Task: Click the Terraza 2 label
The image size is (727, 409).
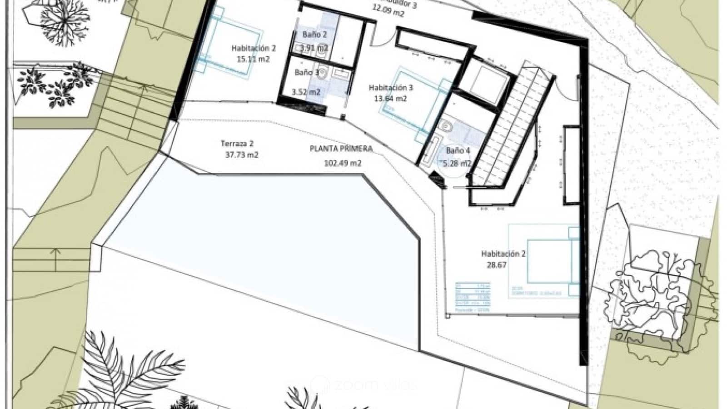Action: click(x=237, y=144)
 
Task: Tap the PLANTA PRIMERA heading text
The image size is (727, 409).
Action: click(x=341, y=149)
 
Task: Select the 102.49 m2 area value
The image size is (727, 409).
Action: click(x=343, y=163)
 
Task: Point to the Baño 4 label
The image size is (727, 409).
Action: click(x=455, y=150)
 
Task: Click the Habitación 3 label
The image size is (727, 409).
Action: click(x=391, y=88)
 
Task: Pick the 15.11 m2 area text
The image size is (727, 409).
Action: click(x=253, y=59)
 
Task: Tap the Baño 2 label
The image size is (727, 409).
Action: click(x=314, y=35)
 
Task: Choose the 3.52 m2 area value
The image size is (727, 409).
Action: click(x=306, y=92)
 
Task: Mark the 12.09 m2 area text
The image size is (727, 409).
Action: click(x=388, y=14)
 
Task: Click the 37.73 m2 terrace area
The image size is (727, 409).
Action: click(x=242, y=155)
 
